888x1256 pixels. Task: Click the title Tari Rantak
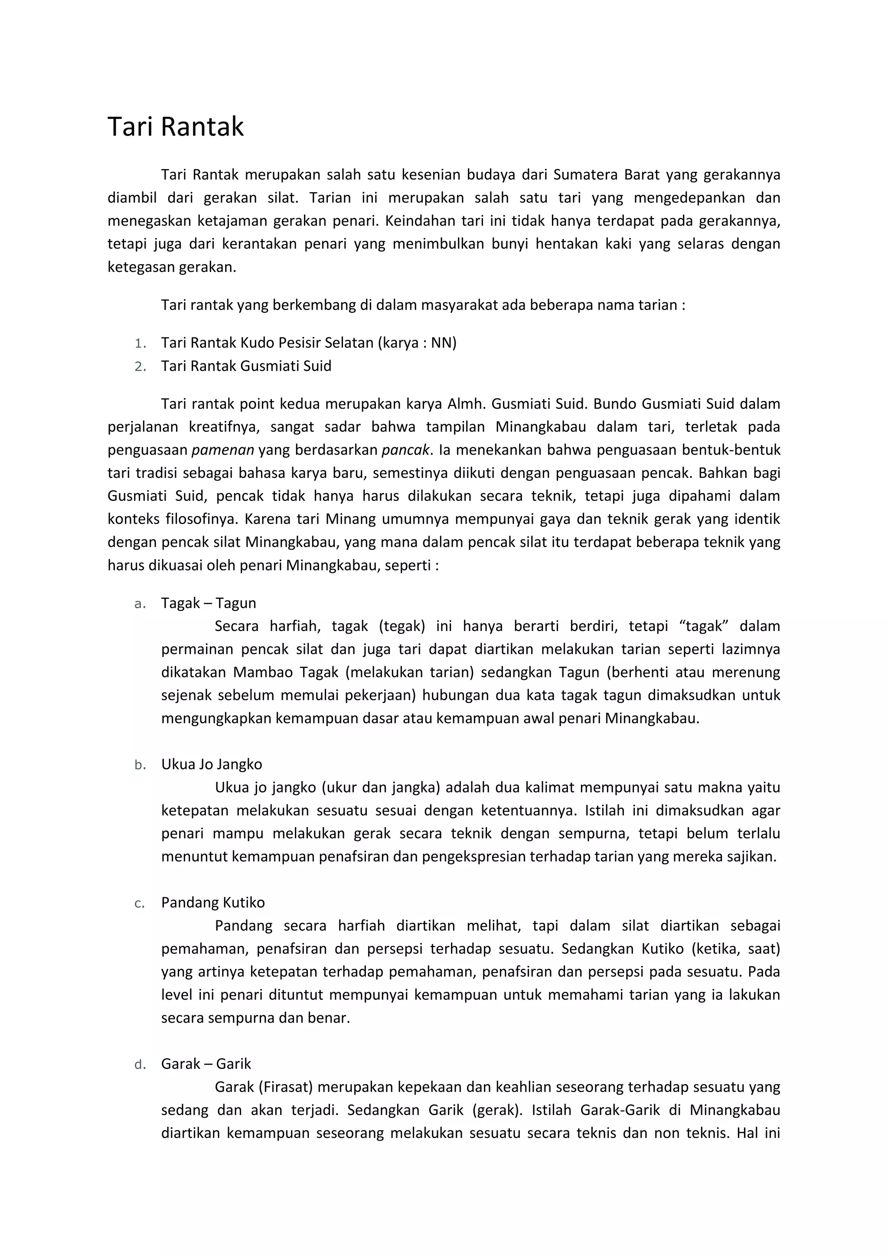[x=176, y=127]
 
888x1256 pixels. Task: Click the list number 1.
[x=140, y=343]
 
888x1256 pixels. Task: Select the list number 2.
[x=140, y=366]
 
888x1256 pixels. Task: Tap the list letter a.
[x=140, y=604]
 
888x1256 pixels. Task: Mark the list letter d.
[x=140, y=1065]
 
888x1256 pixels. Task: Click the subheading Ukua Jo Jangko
[x=212, y=764]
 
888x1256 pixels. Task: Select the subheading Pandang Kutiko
[x=213, y=903]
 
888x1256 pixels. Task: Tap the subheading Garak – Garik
[x=206, y=1063]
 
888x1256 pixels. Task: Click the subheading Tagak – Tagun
[x=208, y=603]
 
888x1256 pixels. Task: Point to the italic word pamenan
[x=222, y=450]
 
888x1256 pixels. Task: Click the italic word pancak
[x=405, y=450]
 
